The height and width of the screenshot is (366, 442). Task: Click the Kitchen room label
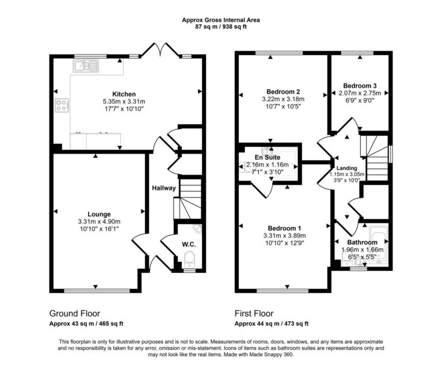click(x=124, y=94)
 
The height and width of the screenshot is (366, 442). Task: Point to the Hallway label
click(x=163, y=188)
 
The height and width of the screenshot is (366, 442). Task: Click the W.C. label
click(x=189, y=245)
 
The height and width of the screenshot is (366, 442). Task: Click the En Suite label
click(x=268, y=157)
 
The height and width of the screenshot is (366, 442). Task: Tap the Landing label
click(x=348, y=168)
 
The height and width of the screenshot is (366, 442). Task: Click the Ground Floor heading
click(x=75, y=314)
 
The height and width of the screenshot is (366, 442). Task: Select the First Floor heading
click(x=254, y=314)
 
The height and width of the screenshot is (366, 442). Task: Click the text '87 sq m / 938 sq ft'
click(x=221, y=26)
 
